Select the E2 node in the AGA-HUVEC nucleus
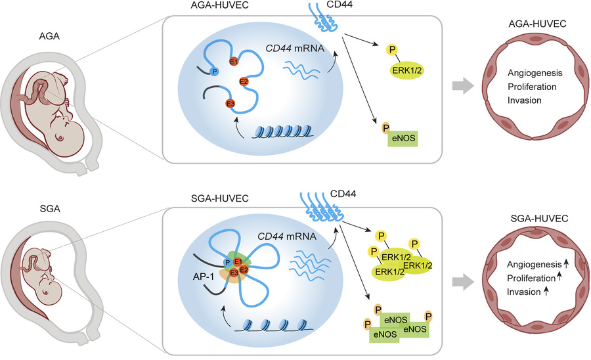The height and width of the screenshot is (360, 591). pos(243,81)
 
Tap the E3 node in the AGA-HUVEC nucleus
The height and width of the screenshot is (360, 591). pos(230,104)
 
